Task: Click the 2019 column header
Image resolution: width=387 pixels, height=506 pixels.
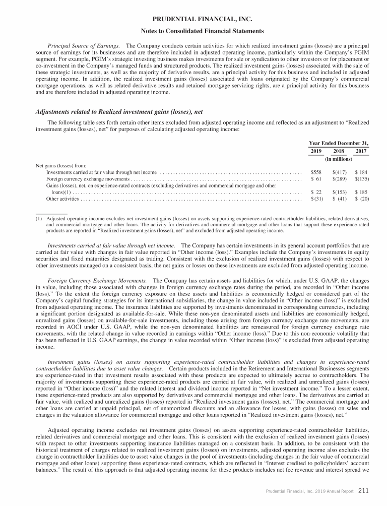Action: (314, 151)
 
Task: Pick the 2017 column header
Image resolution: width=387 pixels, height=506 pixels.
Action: (361, 151)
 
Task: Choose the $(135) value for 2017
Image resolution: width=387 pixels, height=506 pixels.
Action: (361, 179)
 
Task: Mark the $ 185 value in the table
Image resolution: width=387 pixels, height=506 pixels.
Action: (361, 193)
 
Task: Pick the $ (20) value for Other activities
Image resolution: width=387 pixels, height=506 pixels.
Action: (361, 199)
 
